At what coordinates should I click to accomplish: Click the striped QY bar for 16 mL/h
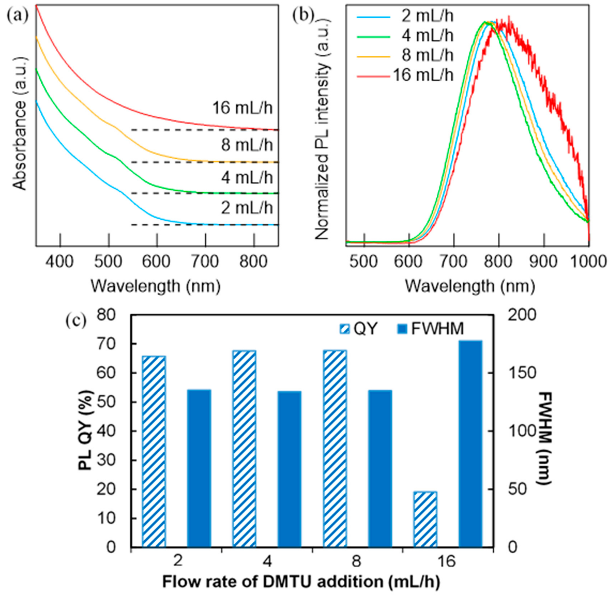coord(425,520)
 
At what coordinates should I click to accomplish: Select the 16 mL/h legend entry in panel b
coord(423,75)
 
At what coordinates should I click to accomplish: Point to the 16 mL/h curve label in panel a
coord(243,108)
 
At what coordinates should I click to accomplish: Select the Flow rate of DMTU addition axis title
coord(301,582)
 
